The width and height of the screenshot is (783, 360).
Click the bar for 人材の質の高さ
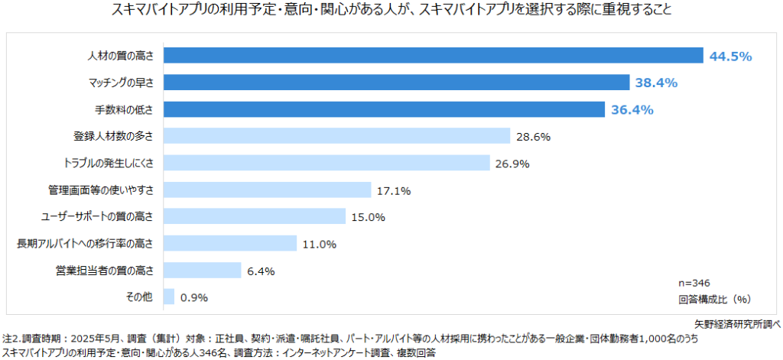tap(433, 56)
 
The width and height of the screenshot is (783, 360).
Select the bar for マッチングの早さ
tap(396, 83)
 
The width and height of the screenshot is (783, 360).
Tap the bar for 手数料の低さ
tap(384, 109)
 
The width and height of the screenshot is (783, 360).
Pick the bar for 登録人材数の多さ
tap(336, 136)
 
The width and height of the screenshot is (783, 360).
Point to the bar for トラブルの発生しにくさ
tap(326, 163)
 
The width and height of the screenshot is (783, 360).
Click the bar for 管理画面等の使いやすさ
tap(267, 190)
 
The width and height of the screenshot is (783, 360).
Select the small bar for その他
tap(169, 297)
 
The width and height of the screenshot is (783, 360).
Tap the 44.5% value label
tap(731, 56)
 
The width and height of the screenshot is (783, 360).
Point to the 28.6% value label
tap(533, 137)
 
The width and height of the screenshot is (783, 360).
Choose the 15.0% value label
tap(368, 217)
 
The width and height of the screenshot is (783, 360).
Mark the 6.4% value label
tap(261, 271)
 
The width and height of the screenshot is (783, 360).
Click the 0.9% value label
tap(194, 297)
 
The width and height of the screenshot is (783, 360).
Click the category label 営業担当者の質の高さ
tap(105, 270)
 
